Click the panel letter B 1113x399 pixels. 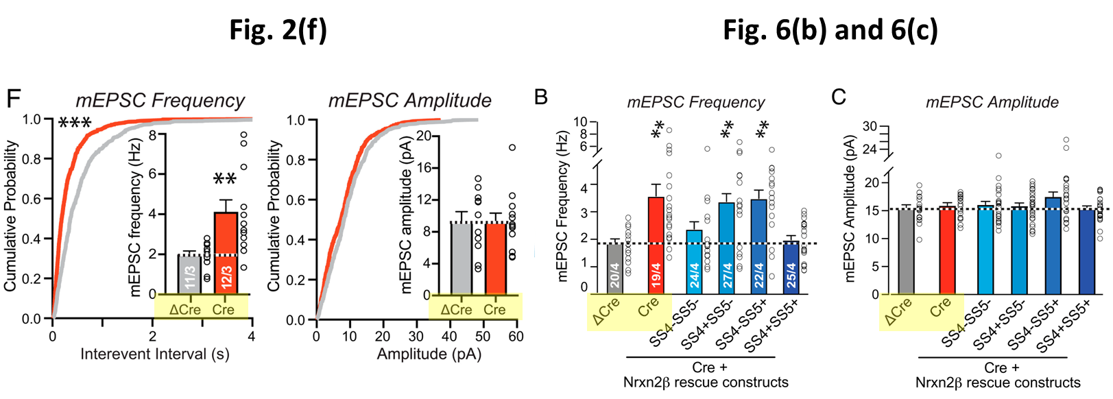(x=541, y=97)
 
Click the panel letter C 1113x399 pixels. (x=839, y=97)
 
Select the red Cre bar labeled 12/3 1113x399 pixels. (x=226, y=254)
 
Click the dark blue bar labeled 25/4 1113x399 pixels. (x=791, y=268)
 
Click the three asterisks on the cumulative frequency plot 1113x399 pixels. (x=75, y=124)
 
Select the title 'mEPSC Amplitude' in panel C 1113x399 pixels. (x=992, y=102)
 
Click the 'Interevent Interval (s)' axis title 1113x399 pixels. (x=154, y=354)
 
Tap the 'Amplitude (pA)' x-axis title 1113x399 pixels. (x=429, y=354)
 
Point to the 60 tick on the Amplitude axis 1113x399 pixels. (x=516, y=337)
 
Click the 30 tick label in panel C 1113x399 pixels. (x=870, y=126)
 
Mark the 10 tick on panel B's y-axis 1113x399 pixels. (x=580, y=122)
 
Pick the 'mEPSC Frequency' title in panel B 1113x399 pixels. (x=695, y=102)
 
